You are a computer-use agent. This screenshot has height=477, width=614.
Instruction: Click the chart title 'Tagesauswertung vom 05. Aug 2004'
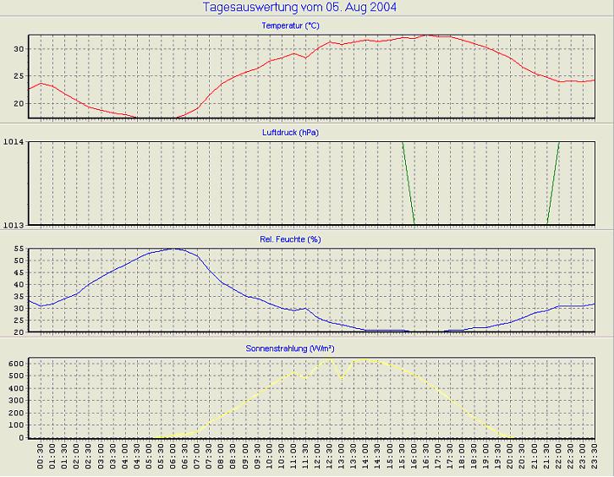click(x=300, y=8)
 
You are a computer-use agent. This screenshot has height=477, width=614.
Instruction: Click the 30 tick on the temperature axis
click(x=19, y=48)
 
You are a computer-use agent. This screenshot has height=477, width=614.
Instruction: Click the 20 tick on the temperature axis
click(x=19, y=103)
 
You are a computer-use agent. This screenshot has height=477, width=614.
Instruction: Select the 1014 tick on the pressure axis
click(x=14, y=142)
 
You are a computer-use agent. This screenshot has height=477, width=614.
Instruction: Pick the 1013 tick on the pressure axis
click(x=14, y=224)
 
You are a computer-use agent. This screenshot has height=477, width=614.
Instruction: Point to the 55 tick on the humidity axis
click(x=19, y=249)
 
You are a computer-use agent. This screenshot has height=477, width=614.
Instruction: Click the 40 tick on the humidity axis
click(x=19, y=285)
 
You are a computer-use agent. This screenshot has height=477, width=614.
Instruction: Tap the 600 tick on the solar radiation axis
click(x=16, y=363)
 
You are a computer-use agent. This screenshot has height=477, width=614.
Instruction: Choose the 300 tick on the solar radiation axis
click(x=16, y=400)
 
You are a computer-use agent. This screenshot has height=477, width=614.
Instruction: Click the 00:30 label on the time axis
click(x=40, y=458)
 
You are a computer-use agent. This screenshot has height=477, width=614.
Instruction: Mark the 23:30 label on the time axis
click(x=595, y=458)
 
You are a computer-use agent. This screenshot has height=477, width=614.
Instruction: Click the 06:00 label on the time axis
click(x=173, y=458)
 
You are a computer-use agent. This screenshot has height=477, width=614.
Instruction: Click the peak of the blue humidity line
click(x=173, y=249)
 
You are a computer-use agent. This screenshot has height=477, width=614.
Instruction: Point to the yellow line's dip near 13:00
click(x=342, y=376)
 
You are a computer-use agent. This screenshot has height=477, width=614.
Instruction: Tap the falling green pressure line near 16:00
click(x=408, y=183)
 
